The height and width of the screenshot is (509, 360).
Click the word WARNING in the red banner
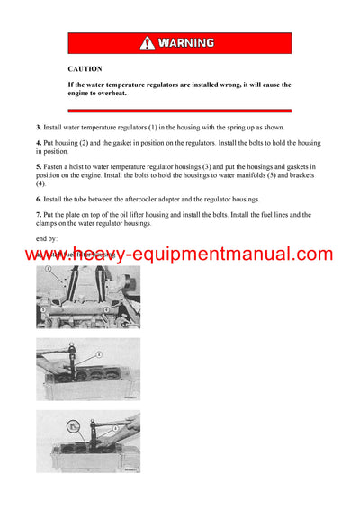tap(186, 42)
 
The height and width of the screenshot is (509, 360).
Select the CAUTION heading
tap(85, 68)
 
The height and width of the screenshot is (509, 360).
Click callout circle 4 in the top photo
tap(106, 309)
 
